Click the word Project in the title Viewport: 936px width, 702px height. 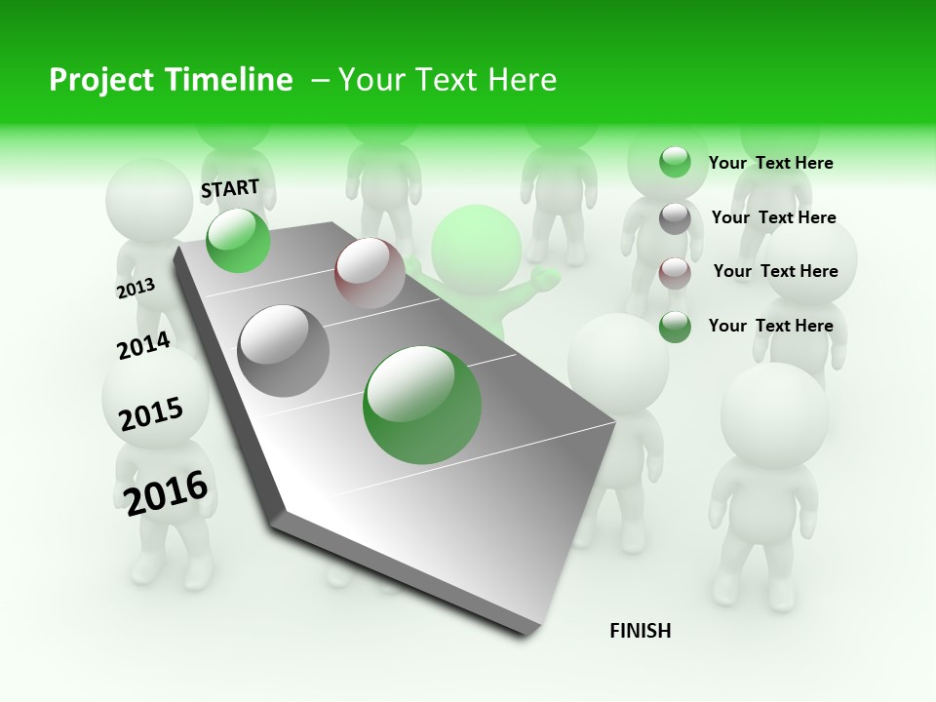(101, 80)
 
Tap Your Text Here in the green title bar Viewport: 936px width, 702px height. (447, 80)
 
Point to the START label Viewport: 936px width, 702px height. (230, 188)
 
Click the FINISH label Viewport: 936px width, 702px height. (641, 631)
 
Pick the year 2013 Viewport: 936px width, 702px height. (136, 288)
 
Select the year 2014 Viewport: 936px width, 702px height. (143, 345)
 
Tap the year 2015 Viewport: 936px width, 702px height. (151, 414)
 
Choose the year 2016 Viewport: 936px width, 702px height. (167, 493)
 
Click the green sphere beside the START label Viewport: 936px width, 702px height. (238, 240)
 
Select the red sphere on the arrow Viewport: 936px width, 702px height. (370, 272)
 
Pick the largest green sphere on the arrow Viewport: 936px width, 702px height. (422, 405)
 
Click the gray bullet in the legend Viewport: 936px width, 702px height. (675, 218)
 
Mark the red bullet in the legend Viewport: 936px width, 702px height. (675, 273)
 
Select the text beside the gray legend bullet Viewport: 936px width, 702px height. (773, 217)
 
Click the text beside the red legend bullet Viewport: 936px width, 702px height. (775, 271)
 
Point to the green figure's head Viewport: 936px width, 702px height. (477, 249)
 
